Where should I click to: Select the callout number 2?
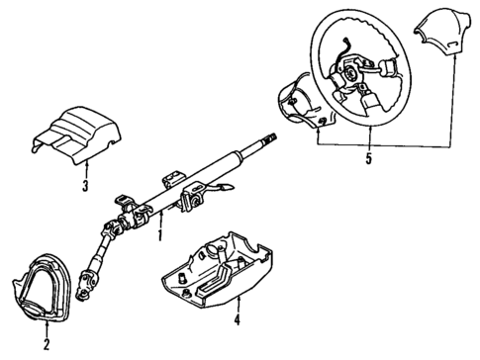tap(47, 344)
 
